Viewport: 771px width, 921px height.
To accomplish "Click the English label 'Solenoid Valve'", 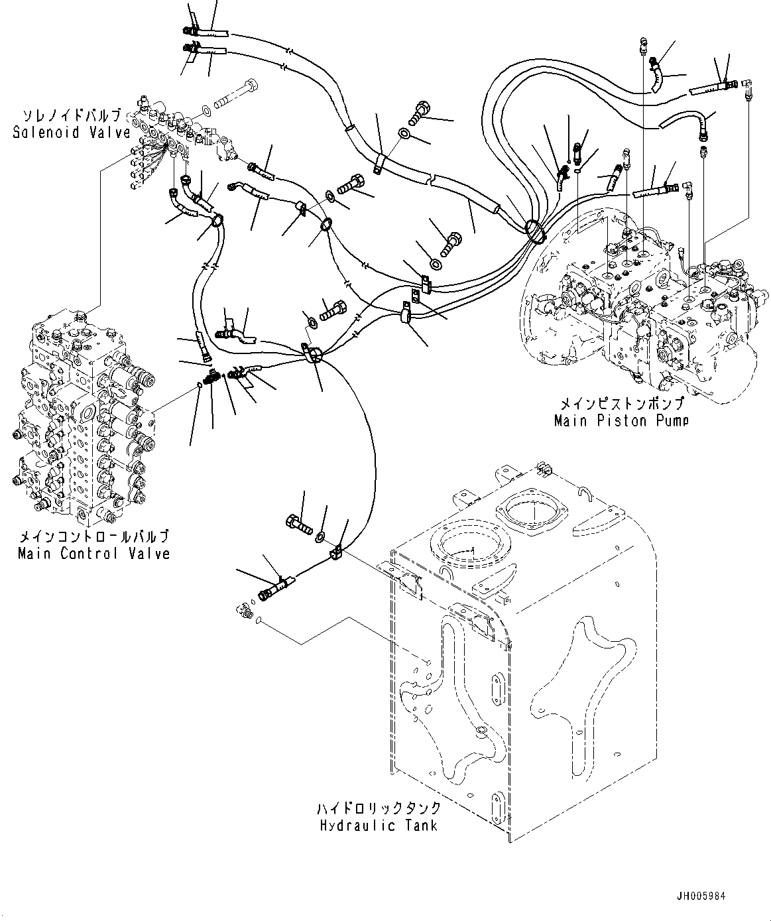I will tap(72, 132).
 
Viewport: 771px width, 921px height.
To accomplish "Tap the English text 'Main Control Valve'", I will tap(93, 553).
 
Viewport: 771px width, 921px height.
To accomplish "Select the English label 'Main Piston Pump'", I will tap(621, 420).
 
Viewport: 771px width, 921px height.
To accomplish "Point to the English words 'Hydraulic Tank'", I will tap(379, 826).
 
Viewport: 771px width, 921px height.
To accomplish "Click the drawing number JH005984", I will tap(701, 896).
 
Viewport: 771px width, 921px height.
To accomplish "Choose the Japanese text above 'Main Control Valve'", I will tap(93, 536).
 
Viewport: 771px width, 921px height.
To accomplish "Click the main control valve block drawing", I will tap(83, 411).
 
